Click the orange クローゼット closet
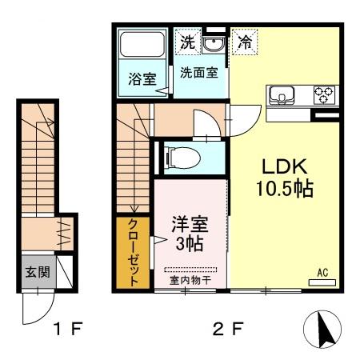[x=133, y=251]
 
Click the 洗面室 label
[x=198, y=72]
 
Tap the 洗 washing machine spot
[x=186, y=42]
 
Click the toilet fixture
[x=179, y=158]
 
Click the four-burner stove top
[x=324, y=95]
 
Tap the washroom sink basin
[x=213, y=43]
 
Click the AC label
[x=324, y=273]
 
